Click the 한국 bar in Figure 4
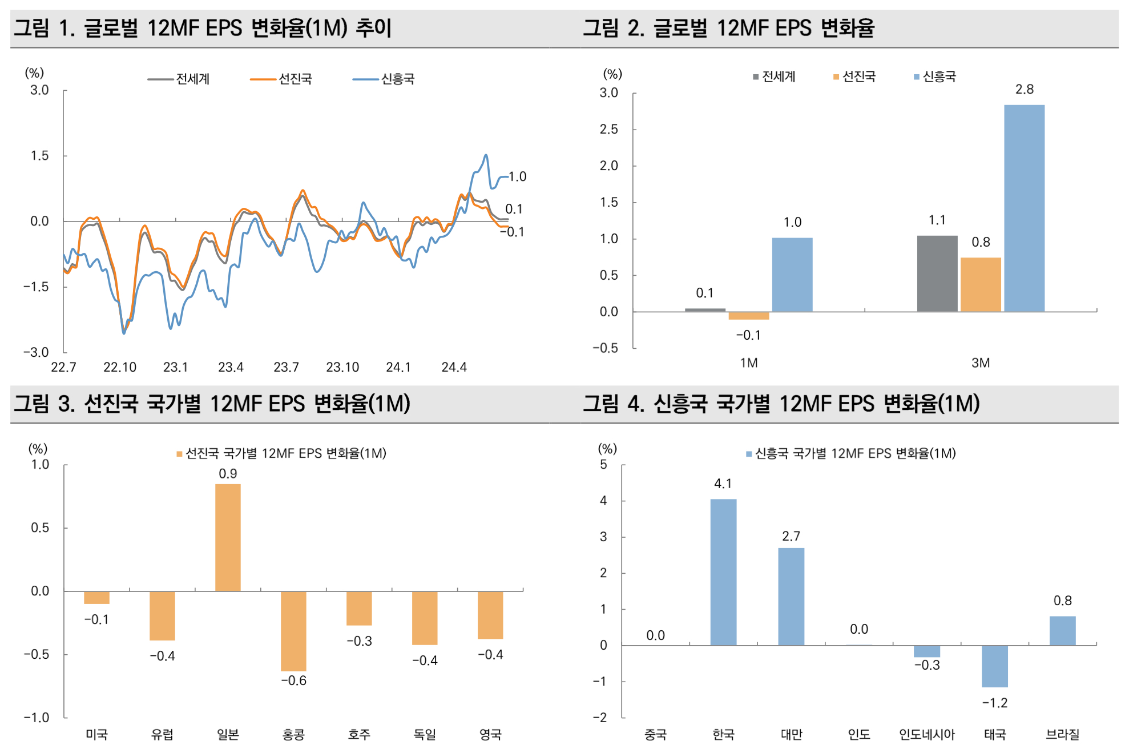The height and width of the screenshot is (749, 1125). click(723, 572)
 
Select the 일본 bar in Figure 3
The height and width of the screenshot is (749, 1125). click(228, 537)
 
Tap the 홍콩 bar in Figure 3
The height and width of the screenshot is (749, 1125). click(293, 631)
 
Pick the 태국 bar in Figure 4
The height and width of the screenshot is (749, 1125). click(994, 666)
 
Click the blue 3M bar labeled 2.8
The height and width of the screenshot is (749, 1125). click(1024, 208)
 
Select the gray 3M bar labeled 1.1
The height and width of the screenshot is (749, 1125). click(937, 273)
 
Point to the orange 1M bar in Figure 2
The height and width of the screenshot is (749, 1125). click(749, 316)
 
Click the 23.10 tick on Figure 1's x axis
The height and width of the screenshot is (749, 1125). click(342, 367)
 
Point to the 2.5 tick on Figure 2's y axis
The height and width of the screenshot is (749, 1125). click(608, 129)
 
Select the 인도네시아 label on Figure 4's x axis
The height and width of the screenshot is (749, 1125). click(926, 734)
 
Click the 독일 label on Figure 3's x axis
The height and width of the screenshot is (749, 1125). click(425, 734)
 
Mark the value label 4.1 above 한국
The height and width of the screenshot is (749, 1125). click(723, 484)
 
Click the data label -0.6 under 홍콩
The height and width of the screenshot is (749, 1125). click(293, 680)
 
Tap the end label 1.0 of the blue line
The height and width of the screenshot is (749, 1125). click(517, 176)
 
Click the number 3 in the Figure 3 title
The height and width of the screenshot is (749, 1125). click(66, 404)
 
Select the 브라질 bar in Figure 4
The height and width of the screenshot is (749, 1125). click(1062, 631)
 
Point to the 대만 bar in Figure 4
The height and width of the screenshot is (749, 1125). click(791, 597)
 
